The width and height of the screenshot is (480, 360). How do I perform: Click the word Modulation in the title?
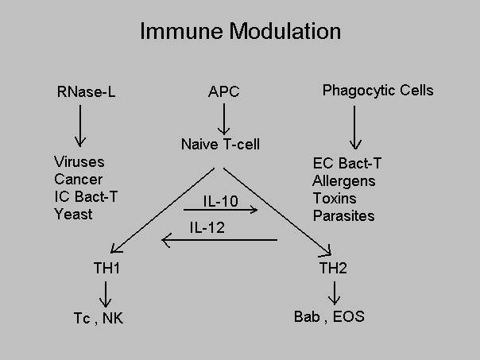tap(285, 31)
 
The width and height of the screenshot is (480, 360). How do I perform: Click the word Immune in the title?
tap(181, 31)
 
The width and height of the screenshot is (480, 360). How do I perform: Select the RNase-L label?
tap(87, 91)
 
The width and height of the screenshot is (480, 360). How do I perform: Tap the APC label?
tap(224, 91)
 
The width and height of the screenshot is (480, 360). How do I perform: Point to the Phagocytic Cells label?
tap(377, 91)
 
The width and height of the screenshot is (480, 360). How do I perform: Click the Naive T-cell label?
tap(220, 144)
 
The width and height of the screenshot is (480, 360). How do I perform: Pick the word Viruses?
tap(79, 161)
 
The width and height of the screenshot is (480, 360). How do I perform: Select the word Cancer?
tap(79, 179)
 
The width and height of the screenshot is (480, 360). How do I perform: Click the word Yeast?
tap(73, 214)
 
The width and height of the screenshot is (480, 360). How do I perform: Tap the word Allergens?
tap(344, 181)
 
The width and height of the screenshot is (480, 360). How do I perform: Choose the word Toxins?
tap(335, 198)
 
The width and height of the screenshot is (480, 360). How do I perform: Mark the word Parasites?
tap(344, 215)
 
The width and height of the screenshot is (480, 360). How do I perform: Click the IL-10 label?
tap(221, 201)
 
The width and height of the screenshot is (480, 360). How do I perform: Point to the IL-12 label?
tap(207, 227)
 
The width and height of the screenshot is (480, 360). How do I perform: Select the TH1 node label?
tap(106, 268)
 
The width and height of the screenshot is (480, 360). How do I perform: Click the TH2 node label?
tap(333, 268)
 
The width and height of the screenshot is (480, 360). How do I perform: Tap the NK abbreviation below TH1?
tap(113, 318)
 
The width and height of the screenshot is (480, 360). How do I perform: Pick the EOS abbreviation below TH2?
tap(349, 316)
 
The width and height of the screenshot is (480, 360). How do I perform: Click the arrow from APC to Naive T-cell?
tap(224, 118)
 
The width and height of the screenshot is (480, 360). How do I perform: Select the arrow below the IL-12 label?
tap(219, 240)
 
